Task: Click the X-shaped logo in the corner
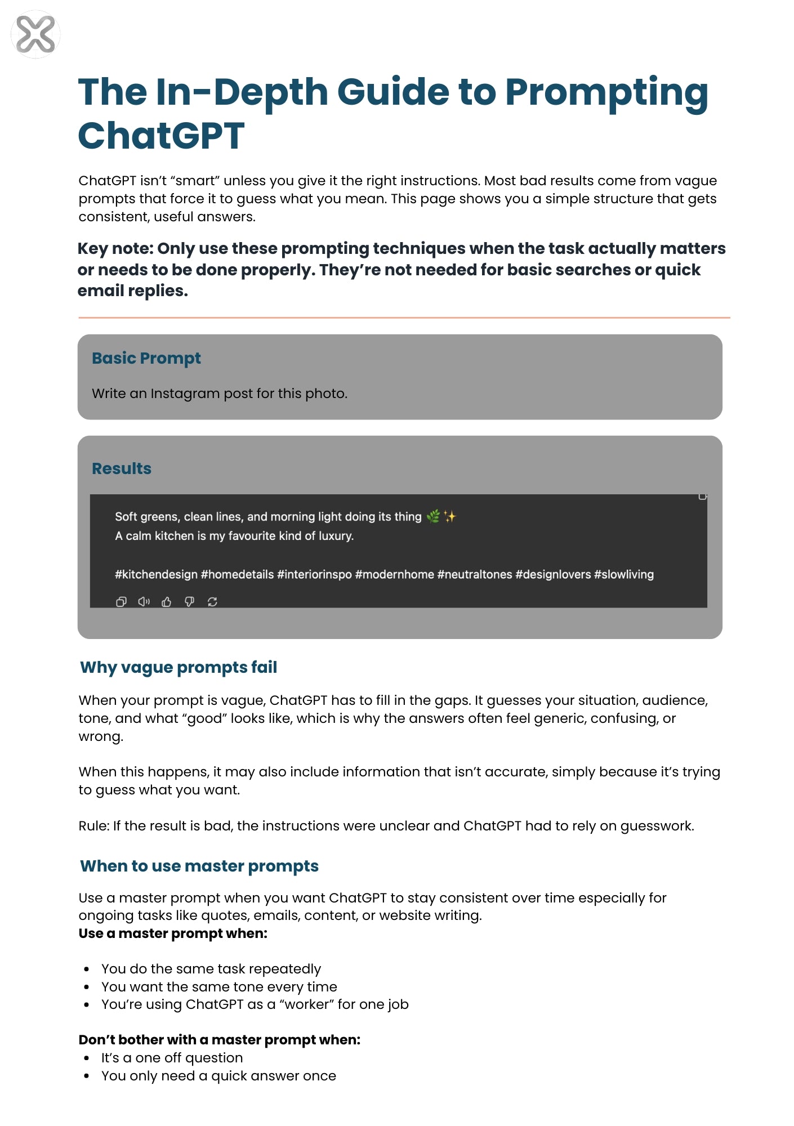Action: coord(35,34)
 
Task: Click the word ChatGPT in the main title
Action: coord(161,136)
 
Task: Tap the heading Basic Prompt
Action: coord(146,358)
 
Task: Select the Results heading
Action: coord(122,468)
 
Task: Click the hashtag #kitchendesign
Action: coord(156,574)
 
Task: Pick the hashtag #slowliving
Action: coord(624,574)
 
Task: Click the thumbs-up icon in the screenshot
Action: coord(167,602)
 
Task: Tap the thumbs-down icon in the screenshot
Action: coord(189,602)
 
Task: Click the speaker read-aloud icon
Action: coord(144,602)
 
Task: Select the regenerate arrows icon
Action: coord(212,602)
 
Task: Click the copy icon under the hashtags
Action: coord(121,602)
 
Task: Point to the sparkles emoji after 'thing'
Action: coord(449,516)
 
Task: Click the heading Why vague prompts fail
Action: coord(179,667)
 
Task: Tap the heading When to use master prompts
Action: coord(199,866)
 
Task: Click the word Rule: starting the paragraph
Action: coord(93,826)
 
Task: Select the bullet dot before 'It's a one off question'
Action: coord(86,1058)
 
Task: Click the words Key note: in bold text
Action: coord(115,248)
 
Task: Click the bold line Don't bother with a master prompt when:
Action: coord(220,1040)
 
